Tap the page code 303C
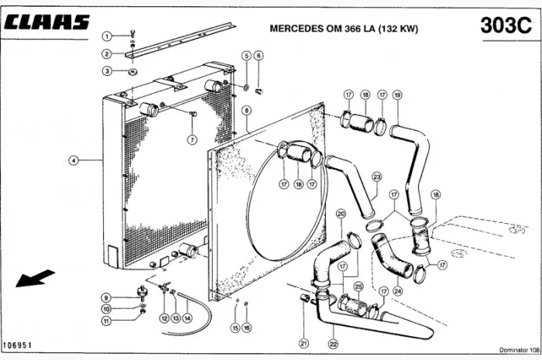point(504,25)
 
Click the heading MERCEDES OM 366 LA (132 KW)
point(344,29)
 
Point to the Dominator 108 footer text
point(514,352)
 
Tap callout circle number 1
point(108,36)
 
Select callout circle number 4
point(74,161)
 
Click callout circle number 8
point(247,111)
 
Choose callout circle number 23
point(376,177)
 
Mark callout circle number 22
point(333,343)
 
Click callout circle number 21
point(304,343)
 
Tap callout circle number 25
point(358,286)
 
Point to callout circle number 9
point(108,297)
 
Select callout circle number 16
point(247,328)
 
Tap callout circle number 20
point(341,213)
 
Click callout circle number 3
point(108,71)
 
